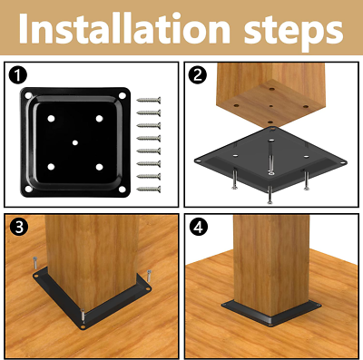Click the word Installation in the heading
[124, 28]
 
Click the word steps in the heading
[293, 31]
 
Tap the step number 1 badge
[18, 75]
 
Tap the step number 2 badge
[198, 75]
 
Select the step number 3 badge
[19, 227]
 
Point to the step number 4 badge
[198, 227]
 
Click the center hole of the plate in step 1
[75, 142]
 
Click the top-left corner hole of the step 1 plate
[28, 96]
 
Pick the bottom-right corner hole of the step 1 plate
[122, 190]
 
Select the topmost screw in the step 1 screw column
[149, 100]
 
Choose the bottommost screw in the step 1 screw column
[149, 190]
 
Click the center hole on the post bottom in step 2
[271, 106]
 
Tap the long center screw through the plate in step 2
[270, 157]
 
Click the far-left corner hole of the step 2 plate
[198, 161]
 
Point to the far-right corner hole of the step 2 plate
[342, 162]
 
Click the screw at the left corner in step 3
[35, 263]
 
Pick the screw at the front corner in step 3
[83, 316]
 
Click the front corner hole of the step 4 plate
[270, 326]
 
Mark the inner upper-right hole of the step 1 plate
[99, 119]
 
